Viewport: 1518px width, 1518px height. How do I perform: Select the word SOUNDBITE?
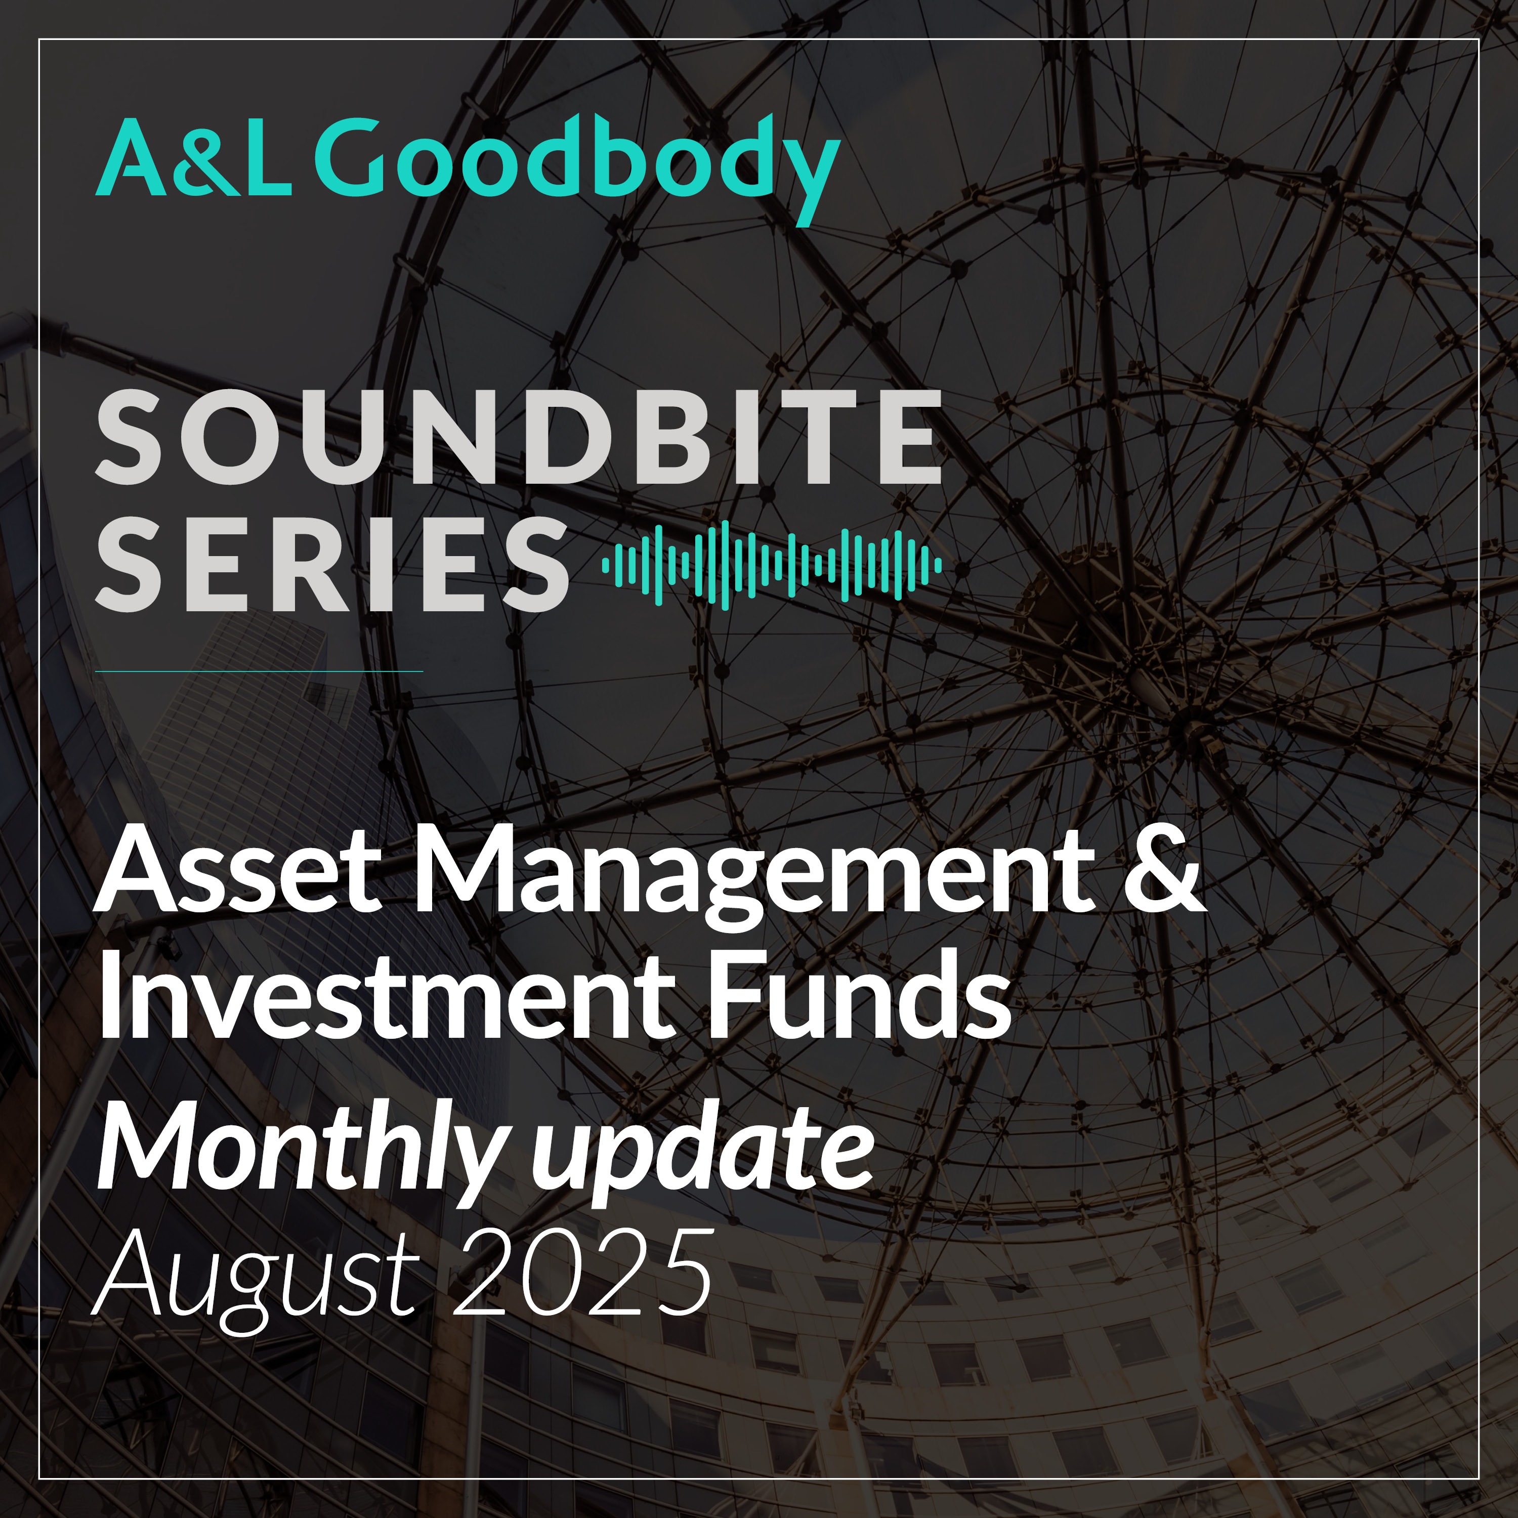tap(519, 438)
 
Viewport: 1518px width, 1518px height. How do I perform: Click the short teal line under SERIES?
tap(259, 671)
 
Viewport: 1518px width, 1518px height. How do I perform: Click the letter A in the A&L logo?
tap(131, 159)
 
